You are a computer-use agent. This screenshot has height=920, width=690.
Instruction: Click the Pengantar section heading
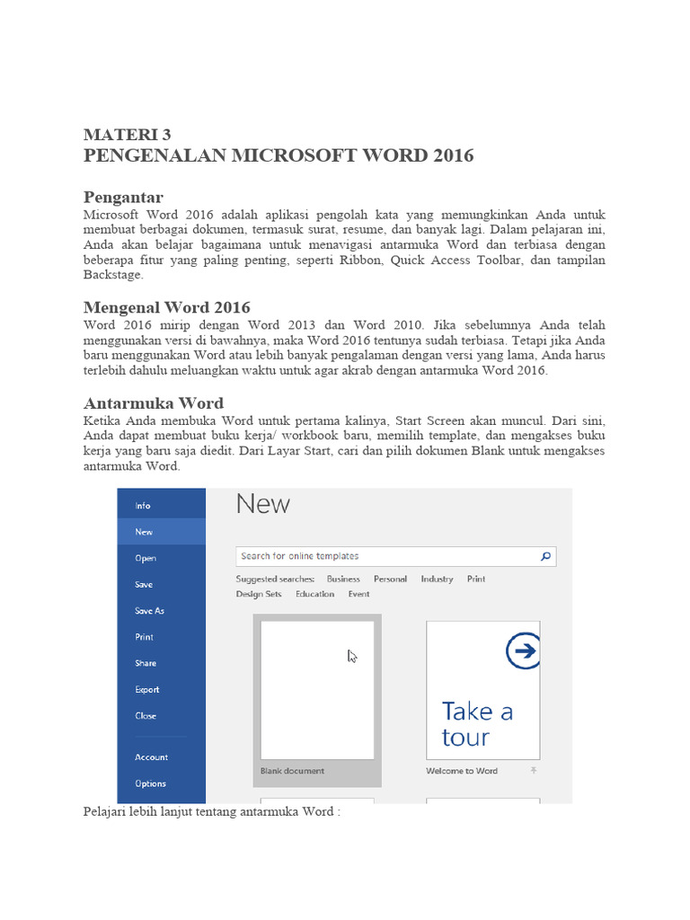coord(123,197)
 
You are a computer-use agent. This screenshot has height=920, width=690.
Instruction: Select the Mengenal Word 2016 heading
coord(166,307)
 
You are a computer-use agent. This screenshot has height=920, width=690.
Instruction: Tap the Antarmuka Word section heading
coord(153,402)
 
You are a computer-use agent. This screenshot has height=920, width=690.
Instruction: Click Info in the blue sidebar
coord(143,506)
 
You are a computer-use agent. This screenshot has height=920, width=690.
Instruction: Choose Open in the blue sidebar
coord(146,558)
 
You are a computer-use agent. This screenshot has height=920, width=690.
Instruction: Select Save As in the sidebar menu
coord(149,611)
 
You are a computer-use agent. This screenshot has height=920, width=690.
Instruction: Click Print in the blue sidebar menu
coord(144,637)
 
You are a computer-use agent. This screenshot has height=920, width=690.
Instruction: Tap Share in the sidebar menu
coord(146,663)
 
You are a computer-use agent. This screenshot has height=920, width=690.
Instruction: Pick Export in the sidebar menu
coord(147,690)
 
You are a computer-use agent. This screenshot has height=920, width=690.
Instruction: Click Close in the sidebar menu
coord(146,716)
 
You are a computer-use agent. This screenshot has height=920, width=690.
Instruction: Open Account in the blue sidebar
coord(151,757)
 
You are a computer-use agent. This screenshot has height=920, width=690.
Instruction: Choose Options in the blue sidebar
coord(150,783)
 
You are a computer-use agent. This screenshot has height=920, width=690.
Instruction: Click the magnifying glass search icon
coord(545,556)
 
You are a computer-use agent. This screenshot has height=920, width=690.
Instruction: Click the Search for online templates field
coord(386,556)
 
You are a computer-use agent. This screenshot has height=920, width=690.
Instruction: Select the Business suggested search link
coord(343,579)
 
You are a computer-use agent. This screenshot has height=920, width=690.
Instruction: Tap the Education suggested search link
coord(314,594)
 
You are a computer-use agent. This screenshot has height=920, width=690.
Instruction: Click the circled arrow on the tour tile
coord(523,651)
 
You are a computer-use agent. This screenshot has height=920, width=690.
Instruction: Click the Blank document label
coord(292,771)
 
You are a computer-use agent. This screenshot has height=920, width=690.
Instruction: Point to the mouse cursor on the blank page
coord(352,657)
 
